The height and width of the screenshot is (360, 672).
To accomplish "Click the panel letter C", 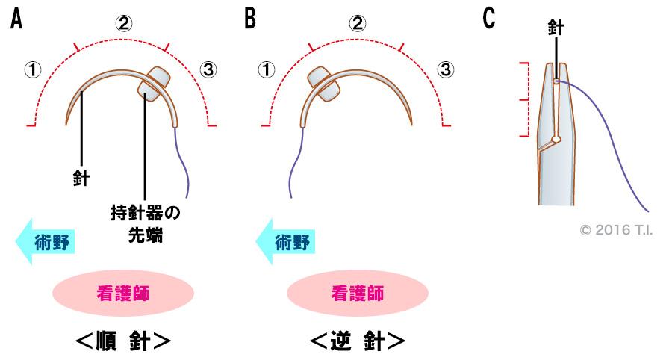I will tap(490, 19).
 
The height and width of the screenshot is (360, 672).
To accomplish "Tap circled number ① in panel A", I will tap(32, 70).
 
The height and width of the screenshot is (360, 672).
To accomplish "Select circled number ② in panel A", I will tap(123, 23).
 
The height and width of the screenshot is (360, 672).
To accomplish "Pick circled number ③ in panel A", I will tap(209, 70).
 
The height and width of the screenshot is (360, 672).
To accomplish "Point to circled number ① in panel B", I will tap(267, 70).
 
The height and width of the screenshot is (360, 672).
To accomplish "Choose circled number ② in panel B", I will tap(358, 23).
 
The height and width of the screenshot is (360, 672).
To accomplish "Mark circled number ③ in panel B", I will tap(445, 70).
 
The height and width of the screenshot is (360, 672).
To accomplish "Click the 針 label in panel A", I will tap(81, 179).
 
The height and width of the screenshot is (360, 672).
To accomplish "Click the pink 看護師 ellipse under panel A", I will tap(123, 293).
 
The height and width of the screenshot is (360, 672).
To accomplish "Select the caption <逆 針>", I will tap(358, 341).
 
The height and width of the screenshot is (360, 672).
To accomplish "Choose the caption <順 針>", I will tap(123, 341).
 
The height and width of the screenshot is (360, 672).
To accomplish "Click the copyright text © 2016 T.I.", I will tap(617, 229).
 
